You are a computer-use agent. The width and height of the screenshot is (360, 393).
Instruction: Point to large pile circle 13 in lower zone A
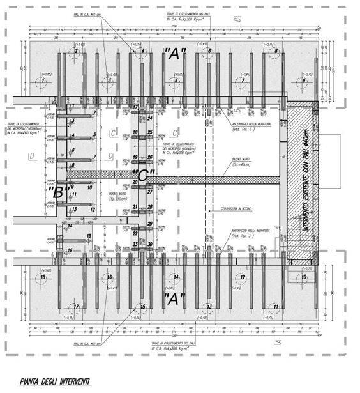click(208, 306)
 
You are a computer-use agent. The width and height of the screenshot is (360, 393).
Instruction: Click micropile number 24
click(149, 119)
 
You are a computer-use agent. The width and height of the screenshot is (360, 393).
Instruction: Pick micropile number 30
click(149, 244)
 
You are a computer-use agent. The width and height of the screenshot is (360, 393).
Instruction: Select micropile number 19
click(136, 157)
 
